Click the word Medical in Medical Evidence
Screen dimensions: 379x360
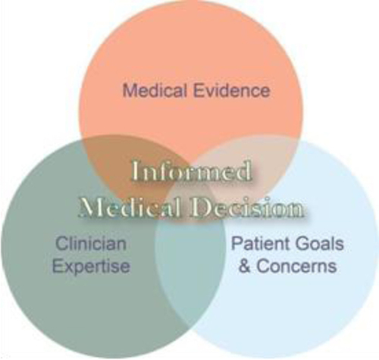point(155,90)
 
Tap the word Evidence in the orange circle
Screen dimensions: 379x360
point(232,90)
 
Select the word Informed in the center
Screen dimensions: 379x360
point(192,171)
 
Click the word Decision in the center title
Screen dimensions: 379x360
point(248,208)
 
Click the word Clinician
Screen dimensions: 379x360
point(91,243)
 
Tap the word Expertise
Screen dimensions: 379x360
point(91,266)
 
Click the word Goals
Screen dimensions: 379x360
point(320,243)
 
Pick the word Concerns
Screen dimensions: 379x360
point(296,266)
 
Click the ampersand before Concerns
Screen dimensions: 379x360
point(245,266)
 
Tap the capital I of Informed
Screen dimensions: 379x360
point(136,171)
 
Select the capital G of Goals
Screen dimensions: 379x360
point(302,243)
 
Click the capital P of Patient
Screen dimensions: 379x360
point(236,243)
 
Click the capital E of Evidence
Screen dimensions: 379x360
point(199,90)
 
